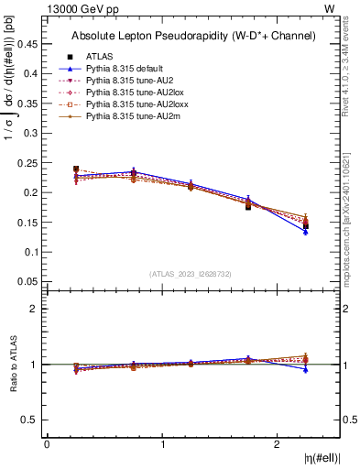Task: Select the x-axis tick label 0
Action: [x=47, y=444]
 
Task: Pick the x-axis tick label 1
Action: [x=163, y=444]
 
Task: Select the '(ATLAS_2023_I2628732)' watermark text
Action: [x=190, y=274]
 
